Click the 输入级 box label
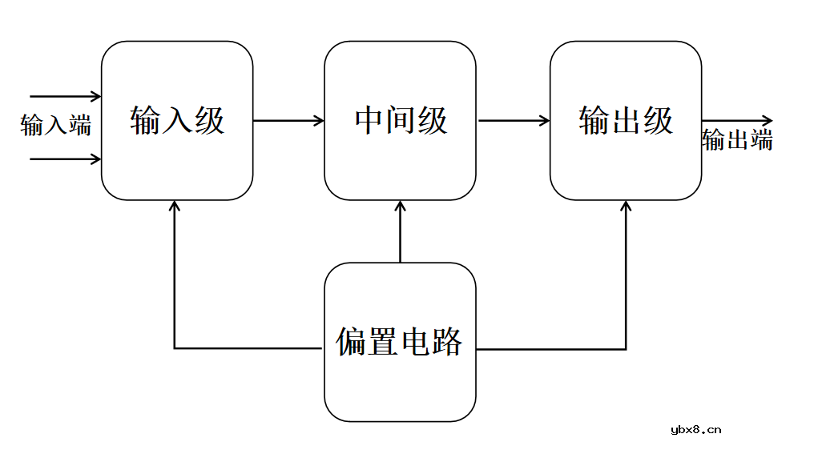click(177, 121)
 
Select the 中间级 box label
click(401, 121)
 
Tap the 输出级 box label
click(626, 121)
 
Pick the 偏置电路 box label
click(399, 342)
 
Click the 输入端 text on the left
click(56, 126)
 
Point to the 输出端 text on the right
click(737, 140)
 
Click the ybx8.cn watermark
click(695, 429)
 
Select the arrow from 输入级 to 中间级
click(288, 121)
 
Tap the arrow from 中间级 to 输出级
click(513, 121)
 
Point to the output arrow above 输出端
click(737, 121)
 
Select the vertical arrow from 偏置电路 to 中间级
click(400, 232)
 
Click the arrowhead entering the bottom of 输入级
click(175, 206)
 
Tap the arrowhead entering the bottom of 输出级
click(626, 206)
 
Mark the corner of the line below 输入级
click(175, 348)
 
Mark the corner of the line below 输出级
click(626, 348)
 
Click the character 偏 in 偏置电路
click(350, 342)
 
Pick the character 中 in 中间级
click(369, 121)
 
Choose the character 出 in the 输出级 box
click(626, 121)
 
